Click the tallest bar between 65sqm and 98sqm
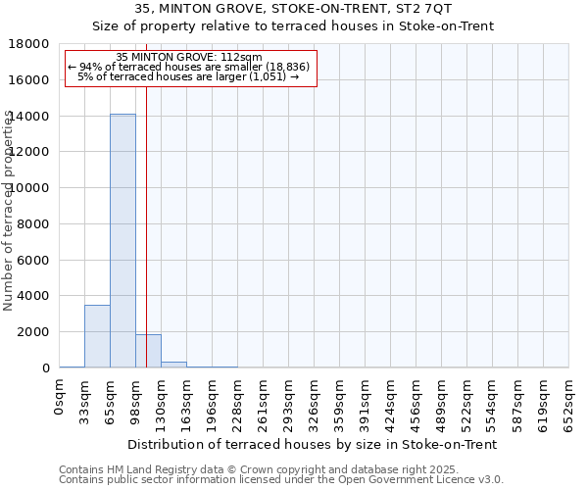pyautogui.click(x=122, y=240)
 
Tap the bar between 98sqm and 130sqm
pyautogui.click(x=148, y=351)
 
